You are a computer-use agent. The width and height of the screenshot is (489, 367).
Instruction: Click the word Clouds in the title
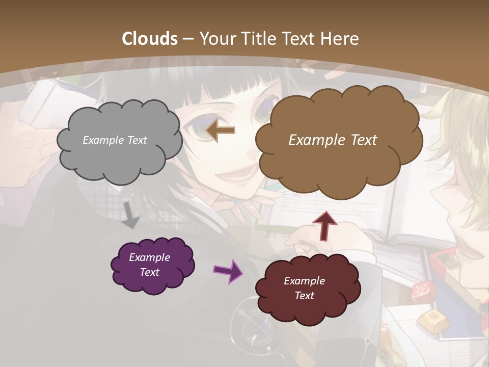150,39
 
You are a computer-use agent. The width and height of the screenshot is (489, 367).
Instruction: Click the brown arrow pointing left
221,130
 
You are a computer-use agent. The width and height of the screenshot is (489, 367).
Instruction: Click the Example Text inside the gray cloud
115,140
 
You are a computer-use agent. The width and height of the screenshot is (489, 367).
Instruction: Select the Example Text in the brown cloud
333,140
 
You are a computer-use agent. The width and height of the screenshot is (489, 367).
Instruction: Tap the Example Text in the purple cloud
149,265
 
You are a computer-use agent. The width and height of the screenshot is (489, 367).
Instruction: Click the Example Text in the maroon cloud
304,288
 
